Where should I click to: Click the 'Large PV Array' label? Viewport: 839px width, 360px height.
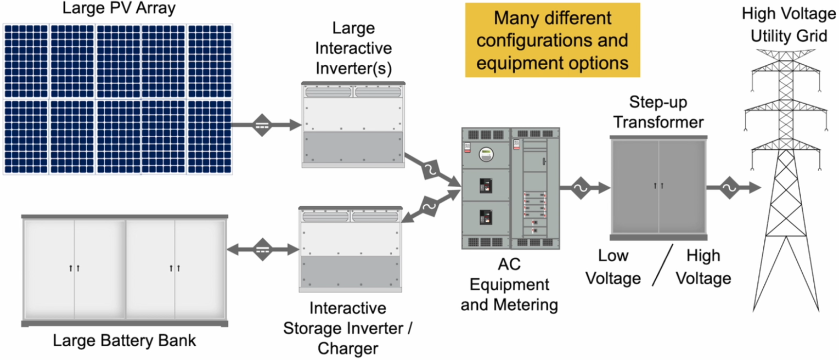[x=119, y=8]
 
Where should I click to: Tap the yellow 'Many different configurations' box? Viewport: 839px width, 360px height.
[x=553, y=40]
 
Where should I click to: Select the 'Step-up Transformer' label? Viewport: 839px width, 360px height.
[x=658, y=112]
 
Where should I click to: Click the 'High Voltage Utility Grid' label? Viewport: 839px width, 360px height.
[x=789, y=25]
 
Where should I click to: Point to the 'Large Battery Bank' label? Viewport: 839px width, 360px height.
[x=125, y=341]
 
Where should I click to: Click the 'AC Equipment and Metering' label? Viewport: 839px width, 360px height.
[x=509, y=285]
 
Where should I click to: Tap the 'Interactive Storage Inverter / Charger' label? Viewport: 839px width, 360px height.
[x=347, y=328]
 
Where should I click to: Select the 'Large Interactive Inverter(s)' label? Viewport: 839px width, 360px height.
[x=353, y=48]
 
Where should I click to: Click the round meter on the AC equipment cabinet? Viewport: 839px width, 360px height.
[x=486, y=154]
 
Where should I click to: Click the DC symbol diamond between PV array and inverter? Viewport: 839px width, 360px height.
[x=262, y=125]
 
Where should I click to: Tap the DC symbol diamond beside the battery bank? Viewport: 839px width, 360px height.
[x=262, y=250]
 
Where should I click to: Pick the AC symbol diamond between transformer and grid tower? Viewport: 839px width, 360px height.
[x=730, y=188]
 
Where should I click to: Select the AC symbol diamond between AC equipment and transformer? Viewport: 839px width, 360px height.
[x=581, y=188]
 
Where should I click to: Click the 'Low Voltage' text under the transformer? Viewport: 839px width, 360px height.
[x=613, y=267]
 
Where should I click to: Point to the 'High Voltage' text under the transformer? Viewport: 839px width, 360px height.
[x=703, y=267]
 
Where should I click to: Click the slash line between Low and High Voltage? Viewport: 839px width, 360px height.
[x=662, y=265]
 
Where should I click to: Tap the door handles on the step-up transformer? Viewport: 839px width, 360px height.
[x=658, y=185]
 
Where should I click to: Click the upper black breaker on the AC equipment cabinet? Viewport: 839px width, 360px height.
[x=486, y=186]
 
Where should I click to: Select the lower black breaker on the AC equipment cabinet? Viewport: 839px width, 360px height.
[x=486, y=217]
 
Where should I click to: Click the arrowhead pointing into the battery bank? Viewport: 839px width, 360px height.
[x=233, y=250]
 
